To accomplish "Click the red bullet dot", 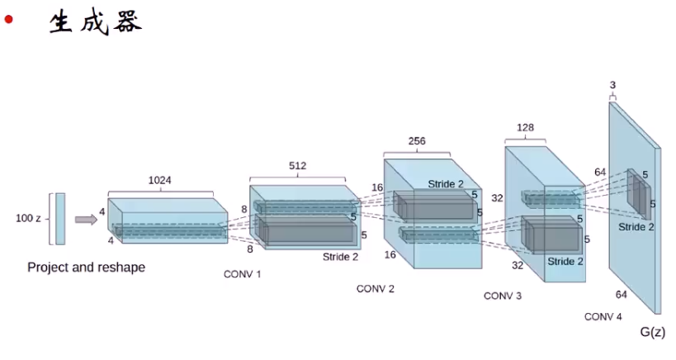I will coord(9,20).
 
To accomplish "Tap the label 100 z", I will coord(30,219).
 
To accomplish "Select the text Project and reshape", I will coord(86,268).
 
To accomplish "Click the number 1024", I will coord(160,180).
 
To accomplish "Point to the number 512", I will coord(297,165).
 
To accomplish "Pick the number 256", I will coord(417,141).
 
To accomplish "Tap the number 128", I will coord(526,128).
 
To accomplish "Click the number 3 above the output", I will coord(612,85).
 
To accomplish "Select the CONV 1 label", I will coord(242,273).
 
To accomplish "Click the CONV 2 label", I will coord(376,289).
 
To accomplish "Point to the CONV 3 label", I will coord(503,295).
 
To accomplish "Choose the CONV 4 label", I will coord(603,317).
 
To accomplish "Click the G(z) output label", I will coord(652,332).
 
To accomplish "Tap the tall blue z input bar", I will coord(60,219).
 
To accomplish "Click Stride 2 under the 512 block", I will coord(340,257).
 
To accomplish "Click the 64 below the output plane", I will coord(622,294).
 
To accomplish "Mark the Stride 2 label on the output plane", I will coord(636,227).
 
